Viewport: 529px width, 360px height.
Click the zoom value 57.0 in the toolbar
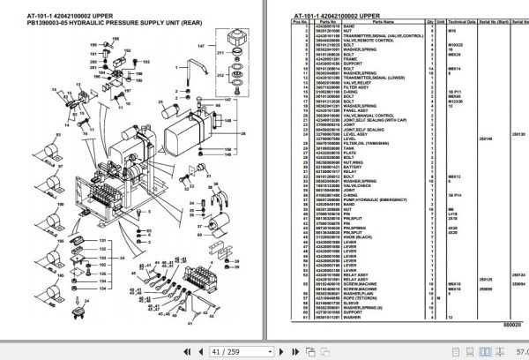coord(519,351)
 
